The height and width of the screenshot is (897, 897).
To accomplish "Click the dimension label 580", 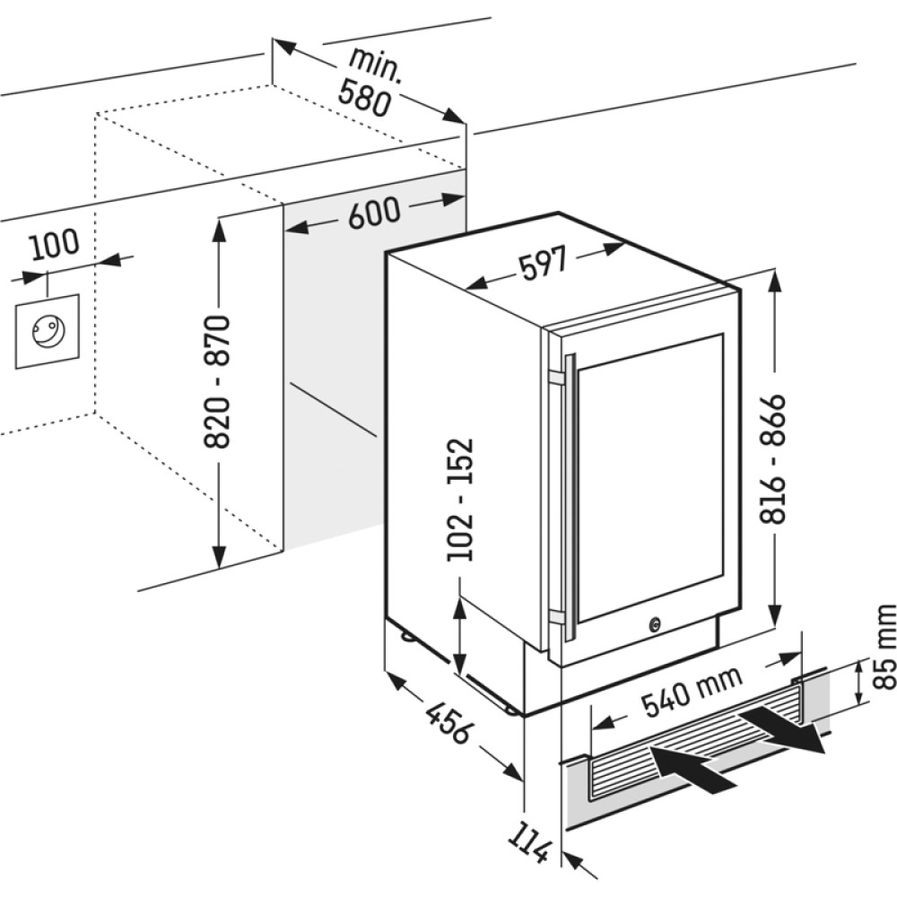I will pyautogui.click(x=366, y=97).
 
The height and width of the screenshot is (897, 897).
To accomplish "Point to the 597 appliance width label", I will pyautogui.click(x=542, y=263).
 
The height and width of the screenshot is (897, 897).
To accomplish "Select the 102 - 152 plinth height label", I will pyautogui.click(x=460, y=500).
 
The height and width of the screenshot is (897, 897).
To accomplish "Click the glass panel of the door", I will pyautogui.click(x=648, y=475).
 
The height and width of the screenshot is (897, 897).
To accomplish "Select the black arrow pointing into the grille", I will pyautogui.click(x=691, y=770).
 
